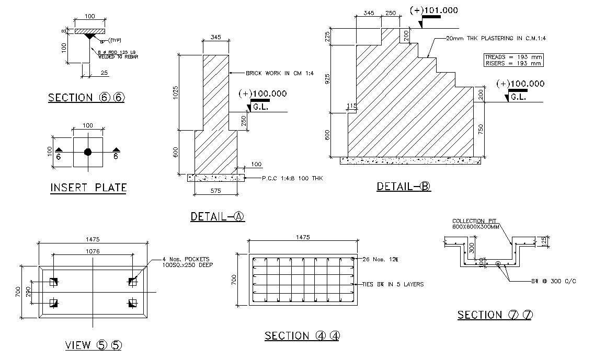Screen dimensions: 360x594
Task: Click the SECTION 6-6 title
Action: point(87,98)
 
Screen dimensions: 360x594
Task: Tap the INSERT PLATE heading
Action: point(88,188)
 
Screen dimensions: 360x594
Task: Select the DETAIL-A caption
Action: point(218,217)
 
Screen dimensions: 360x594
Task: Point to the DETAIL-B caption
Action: point(404,187)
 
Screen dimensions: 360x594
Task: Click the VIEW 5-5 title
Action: point(94,345)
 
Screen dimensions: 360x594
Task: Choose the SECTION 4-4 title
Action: point(302,336)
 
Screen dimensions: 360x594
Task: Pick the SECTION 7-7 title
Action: point(495,315)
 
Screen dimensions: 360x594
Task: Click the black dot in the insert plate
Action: point(87,152)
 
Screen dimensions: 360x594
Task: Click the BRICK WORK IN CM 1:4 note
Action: point(279,73)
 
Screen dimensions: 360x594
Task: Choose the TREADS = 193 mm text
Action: point(513,56)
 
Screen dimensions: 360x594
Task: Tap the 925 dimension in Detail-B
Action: point(327,79)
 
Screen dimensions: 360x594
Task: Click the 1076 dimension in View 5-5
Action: point(93,251)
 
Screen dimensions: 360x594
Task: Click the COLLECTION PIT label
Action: point(475,221)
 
